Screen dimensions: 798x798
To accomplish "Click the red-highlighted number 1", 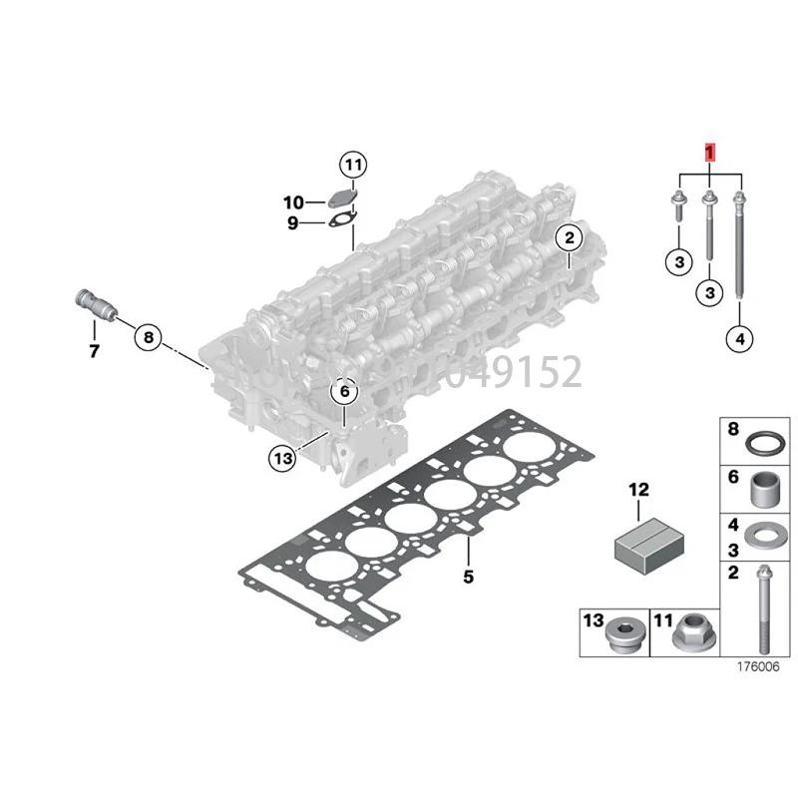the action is [709, 154].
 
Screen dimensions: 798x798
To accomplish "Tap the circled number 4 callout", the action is [738, 340].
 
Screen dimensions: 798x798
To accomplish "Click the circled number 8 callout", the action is [148, 337].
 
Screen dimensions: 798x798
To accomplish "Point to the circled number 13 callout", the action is [282, 458].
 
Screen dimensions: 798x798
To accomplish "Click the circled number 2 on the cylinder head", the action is [569, 237].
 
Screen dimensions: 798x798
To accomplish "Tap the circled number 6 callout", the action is [344, 393].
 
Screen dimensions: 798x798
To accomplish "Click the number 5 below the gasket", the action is [468, 577].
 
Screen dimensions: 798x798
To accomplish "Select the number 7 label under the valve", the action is [94, 351].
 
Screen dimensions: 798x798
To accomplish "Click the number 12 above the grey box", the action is [638, 489].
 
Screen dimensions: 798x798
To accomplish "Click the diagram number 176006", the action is [756, 668].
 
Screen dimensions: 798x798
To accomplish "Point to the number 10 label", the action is [293, 202].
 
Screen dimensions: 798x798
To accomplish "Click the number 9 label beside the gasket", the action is [293, 223].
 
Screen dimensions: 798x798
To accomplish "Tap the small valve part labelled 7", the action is [93, 303].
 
